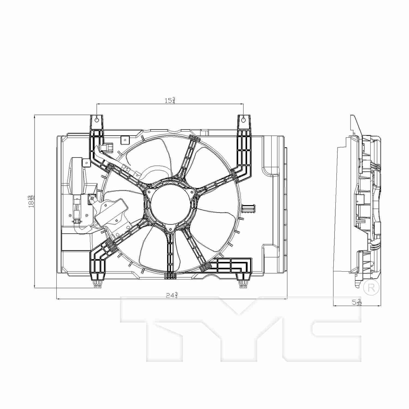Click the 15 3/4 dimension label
pos(170,100)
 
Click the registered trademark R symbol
pos(371,287)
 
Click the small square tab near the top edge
pos(125,139)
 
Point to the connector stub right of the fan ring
pos(248,209)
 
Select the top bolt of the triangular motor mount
pos(149,191)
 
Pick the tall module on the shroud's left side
pos(79,175)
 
